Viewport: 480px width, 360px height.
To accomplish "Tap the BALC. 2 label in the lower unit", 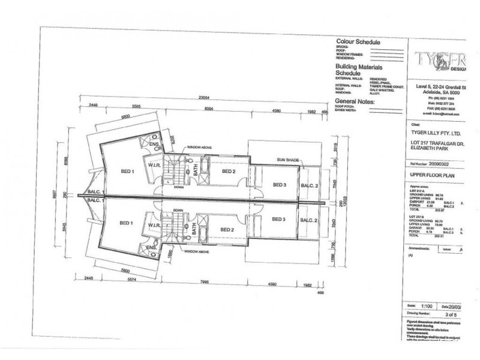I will [x=309, y=221].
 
